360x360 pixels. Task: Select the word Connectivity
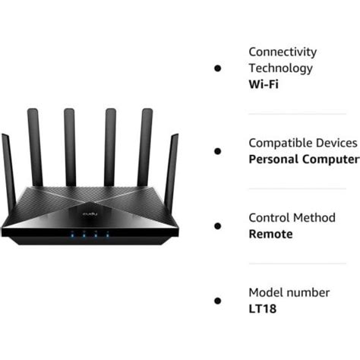pos(283,52)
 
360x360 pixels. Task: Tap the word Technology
pos(280,68)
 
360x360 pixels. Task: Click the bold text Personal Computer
pos(304,159)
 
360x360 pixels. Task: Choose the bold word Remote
pos(270,234)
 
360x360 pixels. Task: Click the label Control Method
pos(292,217)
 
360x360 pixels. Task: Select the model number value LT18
pos(263,308)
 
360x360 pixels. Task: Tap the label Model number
pos(289,292)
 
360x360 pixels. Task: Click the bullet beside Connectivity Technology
pos(218,68)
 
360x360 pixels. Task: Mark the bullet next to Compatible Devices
pos(218,150)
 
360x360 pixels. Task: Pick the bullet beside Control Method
pos(218,226)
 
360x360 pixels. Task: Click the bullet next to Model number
pos(218,300)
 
